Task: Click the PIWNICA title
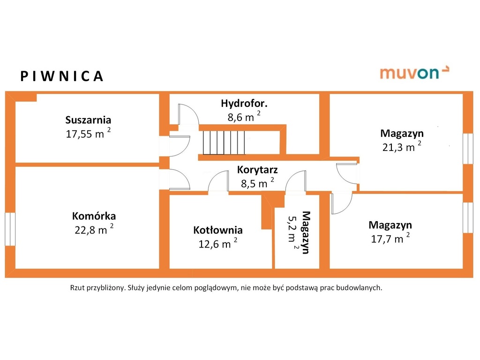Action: (x=61, y=76)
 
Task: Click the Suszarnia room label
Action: (x=89, y=120)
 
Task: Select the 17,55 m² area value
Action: (x=88, y=134)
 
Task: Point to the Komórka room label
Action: (x=94, y=216)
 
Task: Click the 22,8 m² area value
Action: (x=94, y=230)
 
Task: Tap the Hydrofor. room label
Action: (x=244, y=103)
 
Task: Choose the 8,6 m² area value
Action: (x=244, y=117)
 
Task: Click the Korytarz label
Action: (x=257, y=169)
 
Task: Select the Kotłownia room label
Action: (x=218, y=230)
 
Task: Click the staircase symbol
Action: (x=224, y=142)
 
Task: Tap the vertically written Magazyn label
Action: (x=306, y=232)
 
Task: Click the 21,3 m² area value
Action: (x=403, y=147)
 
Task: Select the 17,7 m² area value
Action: (x=390, y=239)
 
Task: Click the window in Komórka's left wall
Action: (x=10, y=229)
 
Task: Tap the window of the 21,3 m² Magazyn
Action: (x=468, y=148)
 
